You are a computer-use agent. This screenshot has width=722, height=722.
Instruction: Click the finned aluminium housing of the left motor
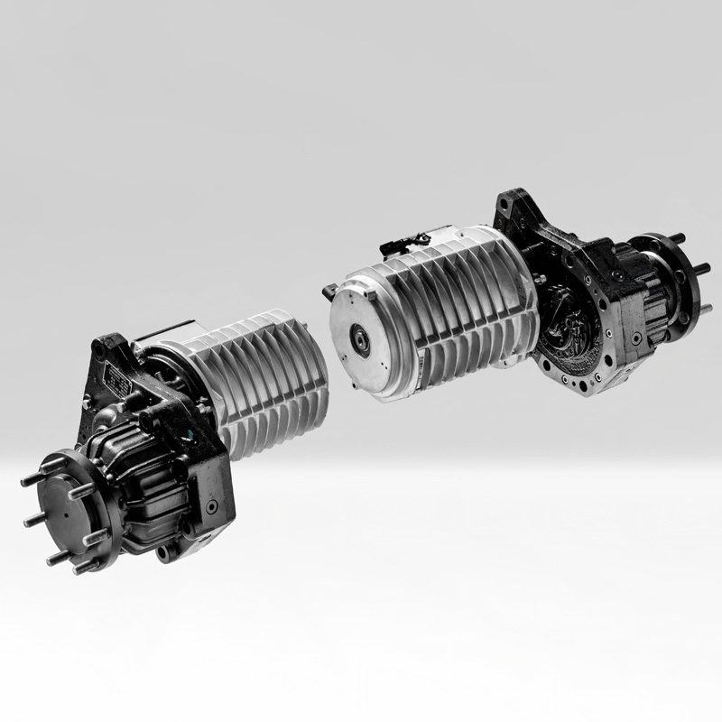[271, 379]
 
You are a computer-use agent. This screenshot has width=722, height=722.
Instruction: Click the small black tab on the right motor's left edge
[326, 290]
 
